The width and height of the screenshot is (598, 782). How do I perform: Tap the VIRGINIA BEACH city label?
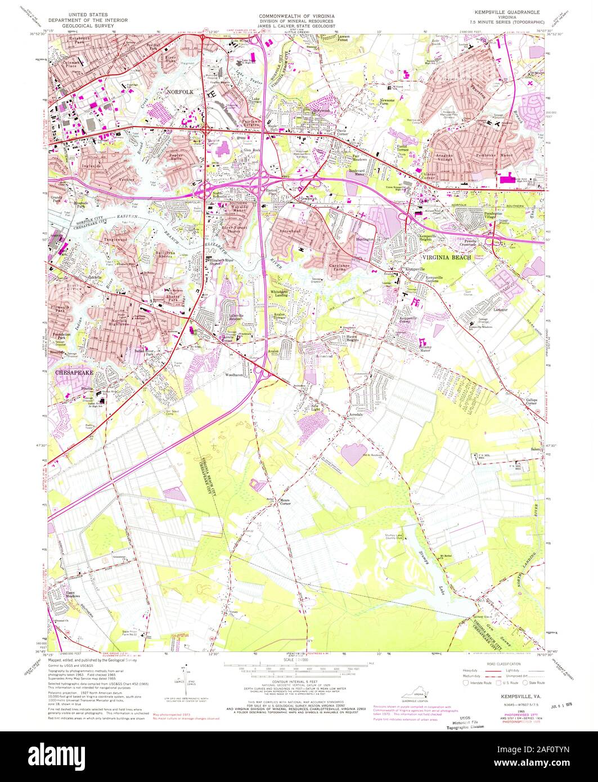point(447,254)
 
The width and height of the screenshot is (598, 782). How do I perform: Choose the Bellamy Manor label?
point(432,348)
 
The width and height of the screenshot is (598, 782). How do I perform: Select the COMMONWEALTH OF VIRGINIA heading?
point(298,11)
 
